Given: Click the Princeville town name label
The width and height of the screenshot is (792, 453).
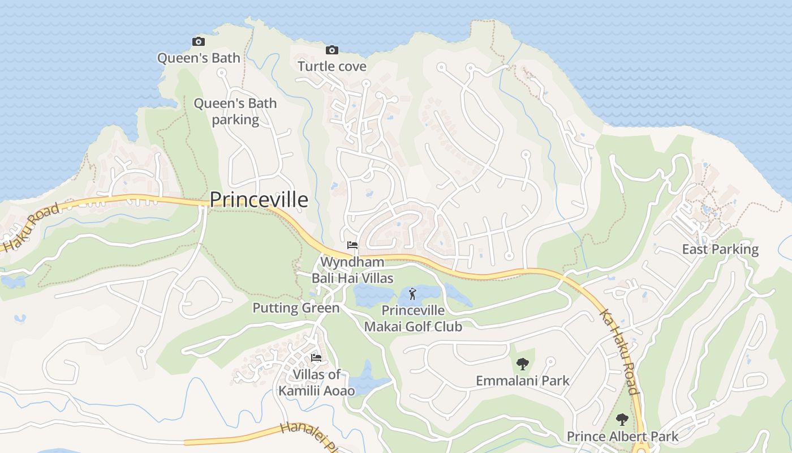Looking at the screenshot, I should (259, 200).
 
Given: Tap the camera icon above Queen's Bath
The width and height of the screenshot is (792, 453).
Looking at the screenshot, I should (198, 41).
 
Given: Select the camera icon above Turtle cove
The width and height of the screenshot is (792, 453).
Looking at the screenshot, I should (332, 50).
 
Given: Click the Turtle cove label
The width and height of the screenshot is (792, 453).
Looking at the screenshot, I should (332, 66).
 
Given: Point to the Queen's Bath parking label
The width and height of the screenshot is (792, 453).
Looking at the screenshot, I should (235, 112).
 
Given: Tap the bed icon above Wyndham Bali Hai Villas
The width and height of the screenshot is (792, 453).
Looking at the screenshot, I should (352, 245).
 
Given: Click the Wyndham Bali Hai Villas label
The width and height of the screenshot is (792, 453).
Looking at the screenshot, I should (352, 270).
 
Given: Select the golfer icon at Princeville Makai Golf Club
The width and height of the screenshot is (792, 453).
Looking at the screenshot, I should (412, 294).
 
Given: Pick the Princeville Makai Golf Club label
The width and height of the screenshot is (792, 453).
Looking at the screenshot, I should (413, 318).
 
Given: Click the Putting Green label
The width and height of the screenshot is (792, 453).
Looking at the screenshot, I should (296, 308).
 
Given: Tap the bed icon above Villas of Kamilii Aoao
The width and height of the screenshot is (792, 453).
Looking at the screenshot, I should (316, 358).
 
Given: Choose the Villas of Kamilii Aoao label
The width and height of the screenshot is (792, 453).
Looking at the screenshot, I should (317, 383).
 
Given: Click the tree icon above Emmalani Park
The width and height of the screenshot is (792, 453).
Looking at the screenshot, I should (522, 364).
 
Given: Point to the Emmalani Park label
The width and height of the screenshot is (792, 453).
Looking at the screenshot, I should (523, 381).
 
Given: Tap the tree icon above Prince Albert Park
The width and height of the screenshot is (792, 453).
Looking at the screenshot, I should (622, 420).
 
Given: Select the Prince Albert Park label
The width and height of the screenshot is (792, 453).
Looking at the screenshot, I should (622, 437).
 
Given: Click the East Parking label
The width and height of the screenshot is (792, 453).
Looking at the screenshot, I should (720, 249).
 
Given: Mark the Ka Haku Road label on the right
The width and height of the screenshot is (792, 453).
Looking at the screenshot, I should (619, 352).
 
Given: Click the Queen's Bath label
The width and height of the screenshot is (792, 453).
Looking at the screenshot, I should (199, 58).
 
